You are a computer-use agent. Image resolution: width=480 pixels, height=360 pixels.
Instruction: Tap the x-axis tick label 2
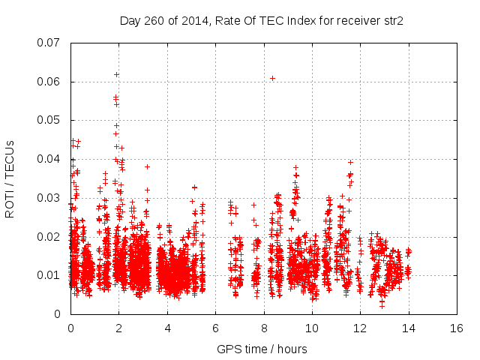(118, 328)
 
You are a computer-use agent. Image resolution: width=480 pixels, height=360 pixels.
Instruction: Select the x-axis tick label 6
(215, 328)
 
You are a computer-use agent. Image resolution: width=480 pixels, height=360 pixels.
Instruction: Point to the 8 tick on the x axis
(263, 328)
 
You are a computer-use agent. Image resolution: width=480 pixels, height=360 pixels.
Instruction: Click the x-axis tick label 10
(311, 328)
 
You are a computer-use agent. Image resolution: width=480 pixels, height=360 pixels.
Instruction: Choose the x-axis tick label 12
(360, 328)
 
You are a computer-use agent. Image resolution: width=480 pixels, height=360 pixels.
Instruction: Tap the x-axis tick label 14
(408, 328)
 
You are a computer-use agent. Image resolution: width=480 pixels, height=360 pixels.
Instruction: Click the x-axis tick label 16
(456, 328)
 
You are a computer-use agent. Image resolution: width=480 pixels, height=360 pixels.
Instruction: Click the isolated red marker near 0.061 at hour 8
(272, 78)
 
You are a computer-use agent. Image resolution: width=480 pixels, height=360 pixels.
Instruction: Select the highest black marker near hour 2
(116, 74)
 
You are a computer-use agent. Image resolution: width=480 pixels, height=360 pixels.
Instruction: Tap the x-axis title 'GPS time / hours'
(262, 348)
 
